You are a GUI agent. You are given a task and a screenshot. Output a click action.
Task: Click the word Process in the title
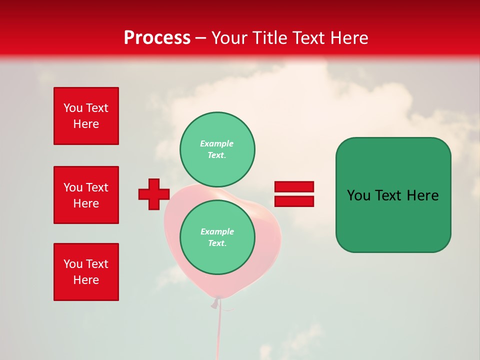click(157, 37)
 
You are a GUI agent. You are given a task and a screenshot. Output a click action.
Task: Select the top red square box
click(86, 116)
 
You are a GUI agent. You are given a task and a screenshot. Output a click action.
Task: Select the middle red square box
click(86, 195)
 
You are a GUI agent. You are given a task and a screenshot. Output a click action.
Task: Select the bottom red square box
click(86, 272)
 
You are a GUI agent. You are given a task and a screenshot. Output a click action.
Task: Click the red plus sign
click(154, 194)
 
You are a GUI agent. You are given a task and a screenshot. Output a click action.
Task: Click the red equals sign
click(294, 194)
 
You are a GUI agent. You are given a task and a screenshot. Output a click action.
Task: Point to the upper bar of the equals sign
click(294, 186)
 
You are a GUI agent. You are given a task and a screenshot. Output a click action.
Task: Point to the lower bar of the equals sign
click(294, 201)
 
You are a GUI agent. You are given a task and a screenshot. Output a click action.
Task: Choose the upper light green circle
click(217, 149)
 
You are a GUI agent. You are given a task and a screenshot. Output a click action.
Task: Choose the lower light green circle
click(217, 237)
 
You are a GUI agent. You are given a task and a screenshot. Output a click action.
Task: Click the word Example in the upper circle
click(217, 143)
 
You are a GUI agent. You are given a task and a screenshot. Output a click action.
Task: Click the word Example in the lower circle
click(217, 231)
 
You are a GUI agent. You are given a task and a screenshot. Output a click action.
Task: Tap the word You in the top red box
click(72, 108)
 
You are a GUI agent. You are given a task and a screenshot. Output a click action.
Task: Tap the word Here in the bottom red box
click(86, 280)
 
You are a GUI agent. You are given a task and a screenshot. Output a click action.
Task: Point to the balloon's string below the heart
click(218, 330)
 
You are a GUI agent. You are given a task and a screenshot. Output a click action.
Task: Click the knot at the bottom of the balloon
click(216, 301)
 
